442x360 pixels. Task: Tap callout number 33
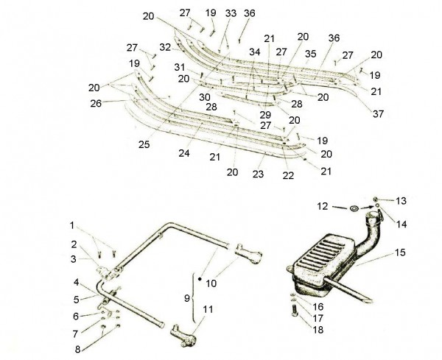(231, 13)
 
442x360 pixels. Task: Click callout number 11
(208, 310)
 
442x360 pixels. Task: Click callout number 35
(310, 53)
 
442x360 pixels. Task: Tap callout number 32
(164, 46)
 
